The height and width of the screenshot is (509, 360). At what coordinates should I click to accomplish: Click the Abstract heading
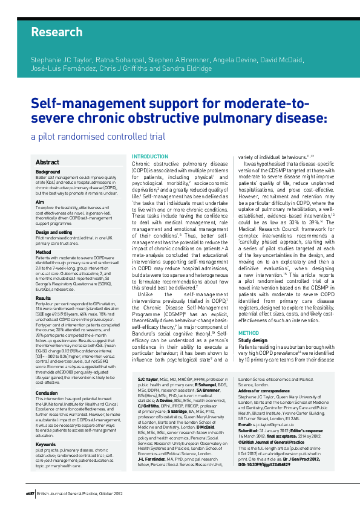click(x=47, y=162)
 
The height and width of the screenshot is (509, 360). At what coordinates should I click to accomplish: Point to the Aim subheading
click(x=40, y=202)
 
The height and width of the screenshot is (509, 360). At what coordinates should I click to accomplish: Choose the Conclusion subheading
click(x=47, y=375)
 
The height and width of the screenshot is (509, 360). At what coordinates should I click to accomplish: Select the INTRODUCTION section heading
click(x=150, y=157)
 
